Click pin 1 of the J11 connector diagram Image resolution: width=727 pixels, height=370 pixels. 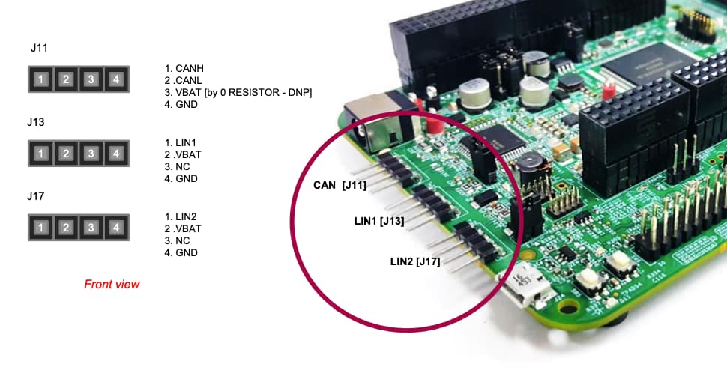[x=42, y=79]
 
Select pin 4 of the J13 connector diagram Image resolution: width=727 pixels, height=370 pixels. [x=115, y=154]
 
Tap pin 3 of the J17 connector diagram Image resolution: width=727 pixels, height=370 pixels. [x=91, y=228]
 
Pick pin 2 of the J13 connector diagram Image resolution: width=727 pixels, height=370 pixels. [x=66, y=154]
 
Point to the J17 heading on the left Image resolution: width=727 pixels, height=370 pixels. [x=37, y=197]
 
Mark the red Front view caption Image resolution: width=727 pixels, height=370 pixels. [x=112, y=285]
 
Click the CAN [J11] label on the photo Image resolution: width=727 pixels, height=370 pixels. [x=340, y=185]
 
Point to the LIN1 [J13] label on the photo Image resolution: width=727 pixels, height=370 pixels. [x=379, y=221]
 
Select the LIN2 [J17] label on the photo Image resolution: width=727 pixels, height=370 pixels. [x=414, y=261]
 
